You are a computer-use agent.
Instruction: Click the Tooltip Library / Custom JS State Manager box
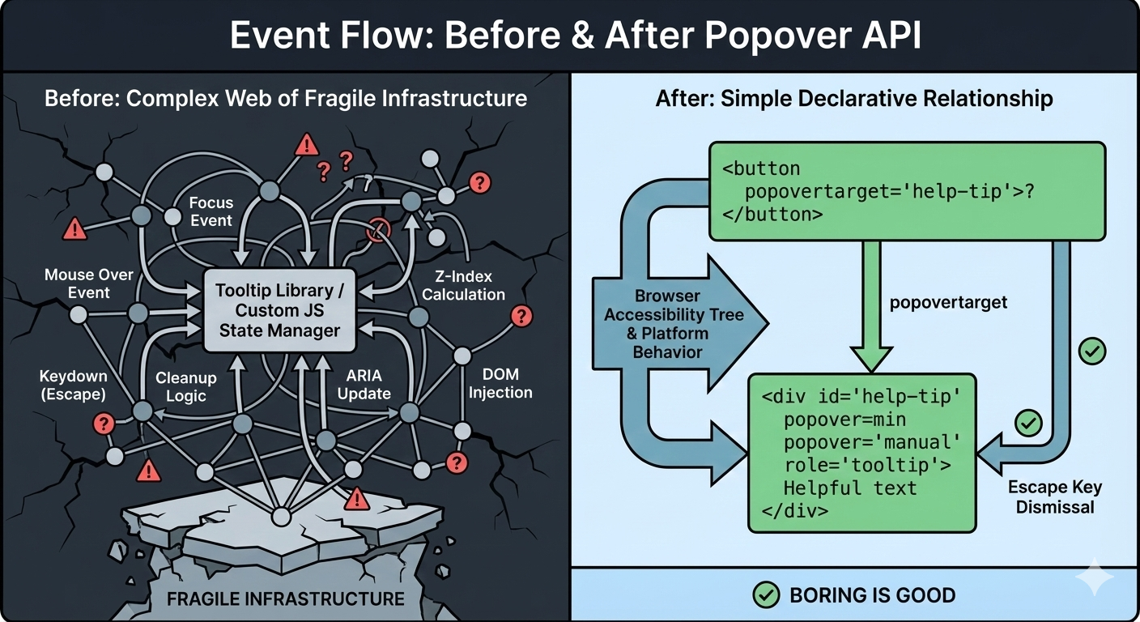279,310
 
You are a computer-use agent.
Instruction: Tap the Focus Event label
211,211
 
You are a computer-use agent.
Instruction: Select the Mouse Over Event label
88,283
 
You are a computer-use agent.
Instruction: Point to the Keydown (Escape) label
73,385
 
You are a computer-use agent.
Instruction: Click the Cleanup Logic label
185,387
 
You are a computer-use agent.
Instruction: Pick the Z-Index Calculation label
463,286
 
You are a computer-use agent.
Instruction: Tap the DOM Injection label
500,384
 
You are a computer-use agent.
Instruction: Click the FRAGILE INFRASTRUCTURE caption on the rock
284,599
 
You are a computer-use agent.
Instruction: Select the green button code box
907,192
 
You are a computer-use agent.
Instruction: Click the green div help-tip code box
861,454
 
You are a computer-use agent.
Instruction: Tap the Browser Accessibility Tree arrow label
673,324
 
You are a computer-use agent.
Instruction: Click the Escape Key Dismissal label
1054,497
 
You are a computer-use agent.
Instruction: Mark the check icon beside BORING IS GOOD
765,595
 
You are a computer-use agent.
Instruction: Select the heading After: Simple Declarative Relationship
854,99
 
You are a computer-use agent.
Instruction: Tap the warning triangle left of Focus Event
74,229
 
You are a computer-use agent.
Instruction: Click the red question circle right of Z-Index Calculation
523,317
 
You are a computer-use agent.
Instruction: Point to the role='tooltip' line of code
867,466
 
